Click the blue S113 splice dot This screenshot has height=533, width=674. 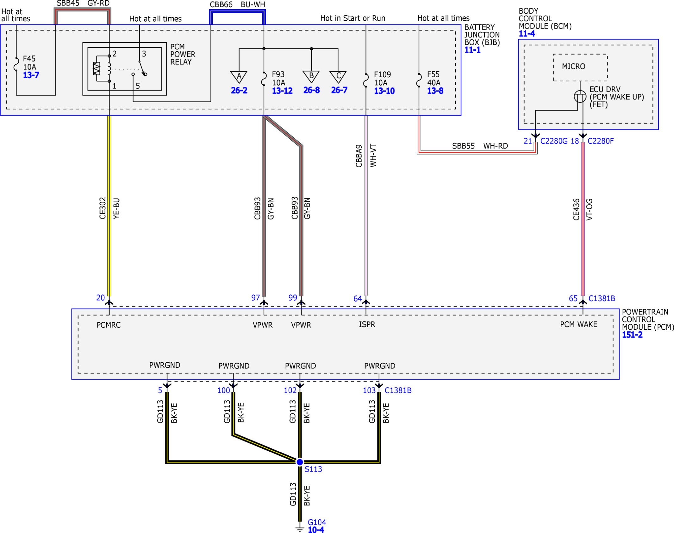point(299,462)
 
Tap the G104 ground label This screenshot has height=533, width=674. point(317,522)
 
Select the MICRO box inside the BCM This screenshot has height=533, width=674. point(580,67)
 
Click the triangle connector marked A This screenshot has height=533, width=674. point(239,77)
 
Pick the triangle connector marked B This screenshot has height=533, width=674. point(311,77)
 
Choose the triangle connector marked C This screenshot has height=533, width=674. point(338,77)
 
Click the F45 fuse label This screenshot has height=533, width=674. point(29,59)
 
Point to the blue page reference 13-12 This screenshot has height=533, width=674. point(282,91)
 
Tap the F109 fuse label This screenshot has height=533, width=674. point(382,74)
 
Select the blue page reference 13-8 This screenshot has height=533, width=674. point(435,91)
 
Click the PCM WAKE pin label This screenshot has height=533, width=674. point(579,324)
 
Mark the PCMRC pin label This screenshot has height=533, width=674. point(109,325)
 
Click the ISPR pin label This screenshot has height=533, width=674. point(367,324)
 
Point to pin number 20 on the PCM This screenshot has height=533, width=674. point(100,298)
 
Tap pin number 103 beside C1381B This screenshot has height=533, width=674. point(369,390)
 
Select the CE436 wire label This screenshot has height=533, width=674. point(576,210)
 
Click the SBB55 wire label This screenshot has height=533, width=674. point(463,146)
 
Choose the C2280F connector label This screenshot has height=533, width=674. point(601,141)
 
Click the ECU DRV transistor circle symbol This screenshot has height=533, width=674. point(580,96)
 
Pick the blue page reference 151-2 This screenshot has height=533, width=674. point(632,335)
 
